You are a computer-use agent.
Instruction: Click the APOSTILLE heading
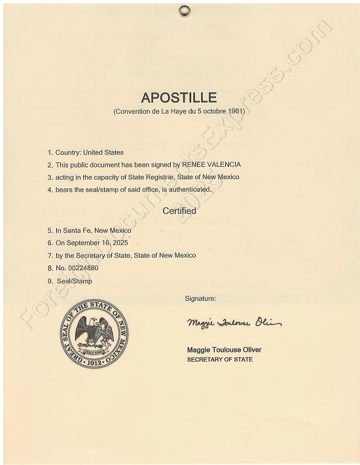[179, 98]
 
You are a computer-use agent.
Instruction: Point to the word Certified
[179, 211]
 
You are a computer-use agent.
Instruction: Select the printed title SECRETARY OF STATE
[220, 360]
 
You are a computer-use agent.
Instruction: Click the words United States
[105, 152]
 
